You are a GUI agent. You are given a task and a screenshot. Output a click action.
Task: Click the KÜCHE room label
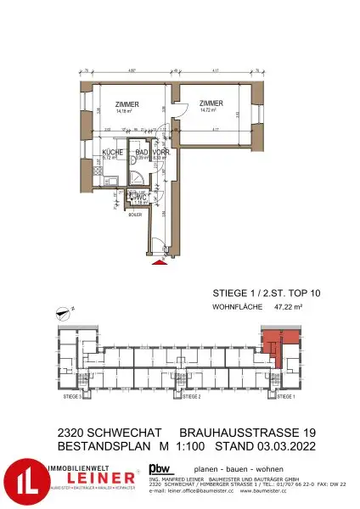point(112,152)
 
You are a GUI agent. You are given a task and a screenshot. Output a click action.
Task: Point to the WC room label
point(143,197)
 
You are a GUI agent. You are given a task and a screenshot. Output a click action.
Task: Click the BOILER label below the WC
point(136,215)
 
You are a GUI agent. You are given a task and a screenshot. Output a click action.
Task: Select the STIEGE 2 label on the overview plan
point(190,396)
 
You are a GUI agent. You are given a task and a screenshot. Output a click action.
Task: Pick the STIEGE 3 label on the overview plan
point(71,396)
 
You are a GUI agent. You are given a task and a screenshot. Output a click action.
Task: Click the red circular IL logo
point(22,481)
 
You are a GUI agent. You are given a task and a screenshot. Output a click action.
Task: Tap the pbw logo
point(159,467)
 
